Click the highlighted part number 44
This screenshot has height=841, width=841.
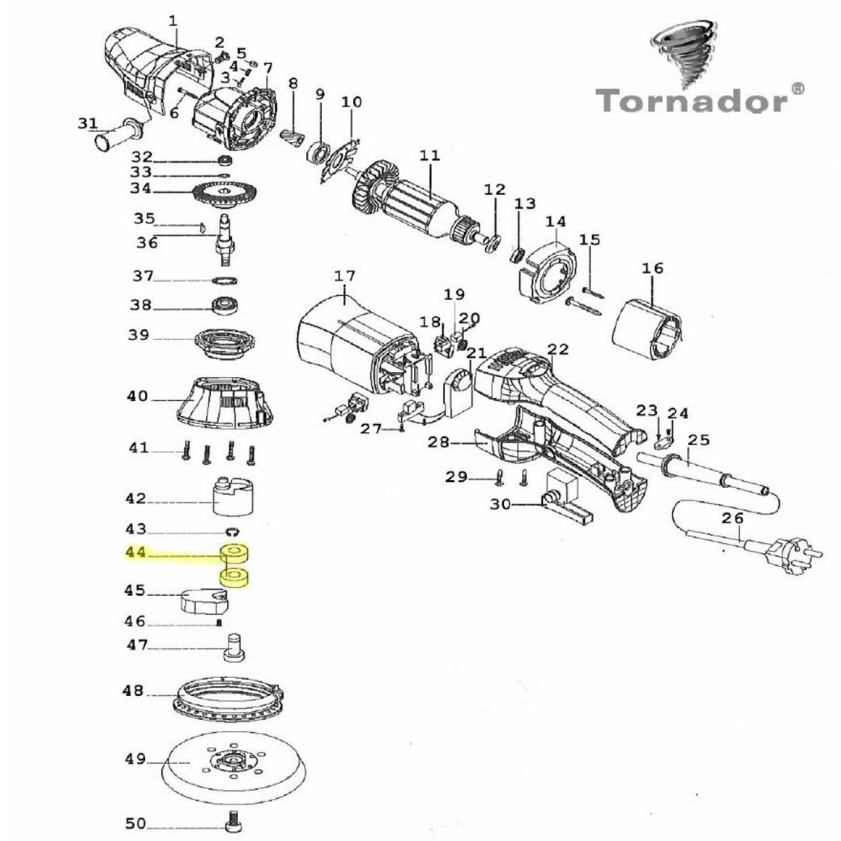(136, 553)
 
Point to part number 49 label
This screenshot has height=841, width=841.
(136, 759)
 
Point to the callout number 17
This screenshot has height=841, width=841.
(345, 276)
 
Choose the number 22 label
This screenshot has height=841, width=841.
(559, 349)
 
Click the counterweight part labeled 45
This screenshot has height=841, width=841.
(203, 599)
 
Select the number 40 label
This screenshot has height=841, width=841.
(137, 397)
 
